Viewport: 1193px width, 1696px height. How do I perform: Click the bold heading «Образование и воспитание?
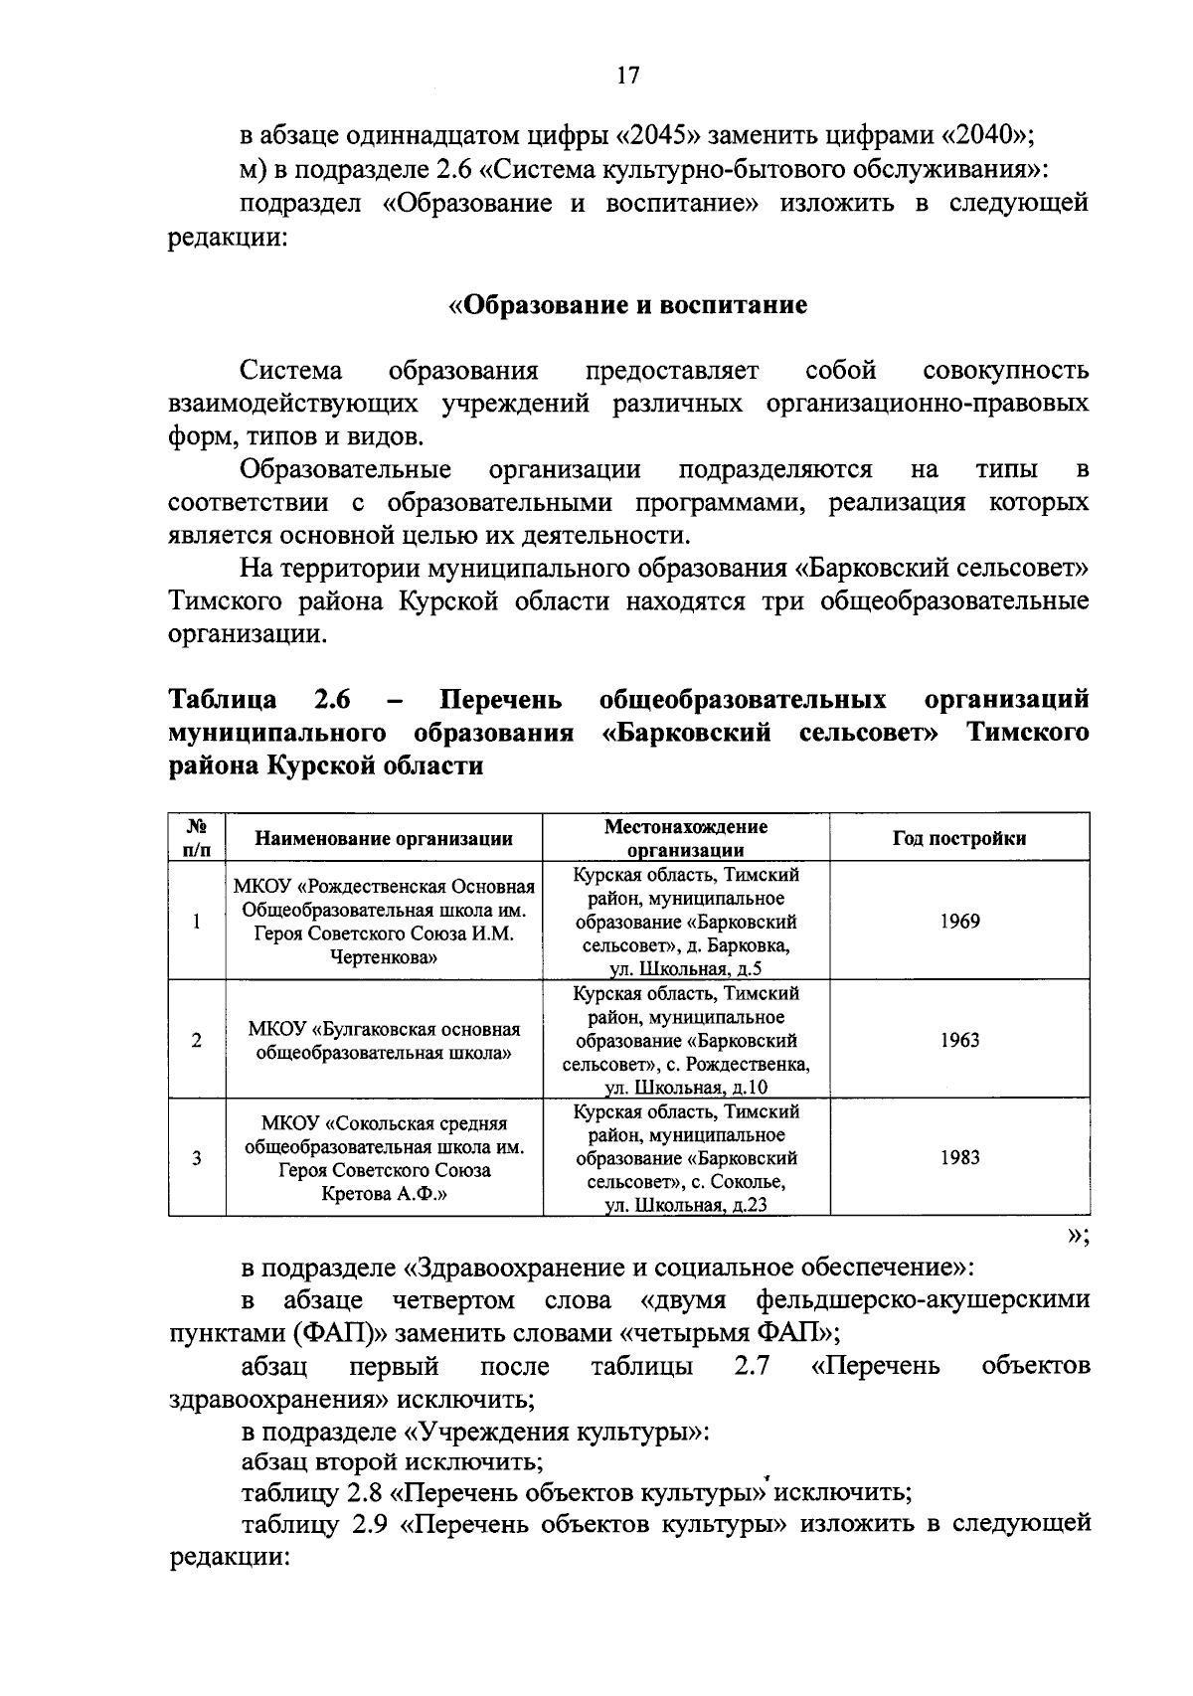[628, 304]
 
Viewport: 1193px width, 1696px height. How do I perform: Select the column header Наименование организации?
[384, 838]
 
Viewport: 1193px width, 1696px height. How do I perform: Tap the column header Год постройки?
[959, 838]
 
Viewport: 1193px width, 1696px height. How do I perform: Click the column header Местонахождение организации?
[686, 838]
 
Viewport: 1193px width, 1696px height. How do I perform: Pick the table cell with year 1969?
[959, 922]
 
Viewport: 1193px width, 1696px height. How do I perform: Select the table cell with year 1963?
[959, 1040]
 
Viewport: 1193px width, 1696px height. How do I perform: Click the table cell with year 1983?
[959, 1157]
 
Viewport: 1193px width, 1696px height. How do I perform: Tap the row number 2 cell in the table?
[197, 1040]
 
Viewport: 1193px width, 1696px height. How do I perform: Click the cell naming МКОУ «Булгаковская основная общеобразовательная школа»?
[384, 1041]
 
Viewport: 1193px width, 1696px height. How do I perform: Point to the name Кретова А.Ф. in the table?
[384, 1194]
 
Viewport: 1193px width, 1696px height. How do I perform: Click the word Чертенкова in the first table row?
[384, 958]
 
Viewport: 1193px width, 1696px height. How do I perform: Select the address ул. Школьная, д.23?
[686, 1206]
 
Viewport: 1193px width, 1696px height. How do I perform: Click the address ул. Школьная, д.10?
[686, 1088]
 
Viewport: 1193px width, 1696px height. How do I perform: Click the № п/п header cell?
[197, 838]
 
